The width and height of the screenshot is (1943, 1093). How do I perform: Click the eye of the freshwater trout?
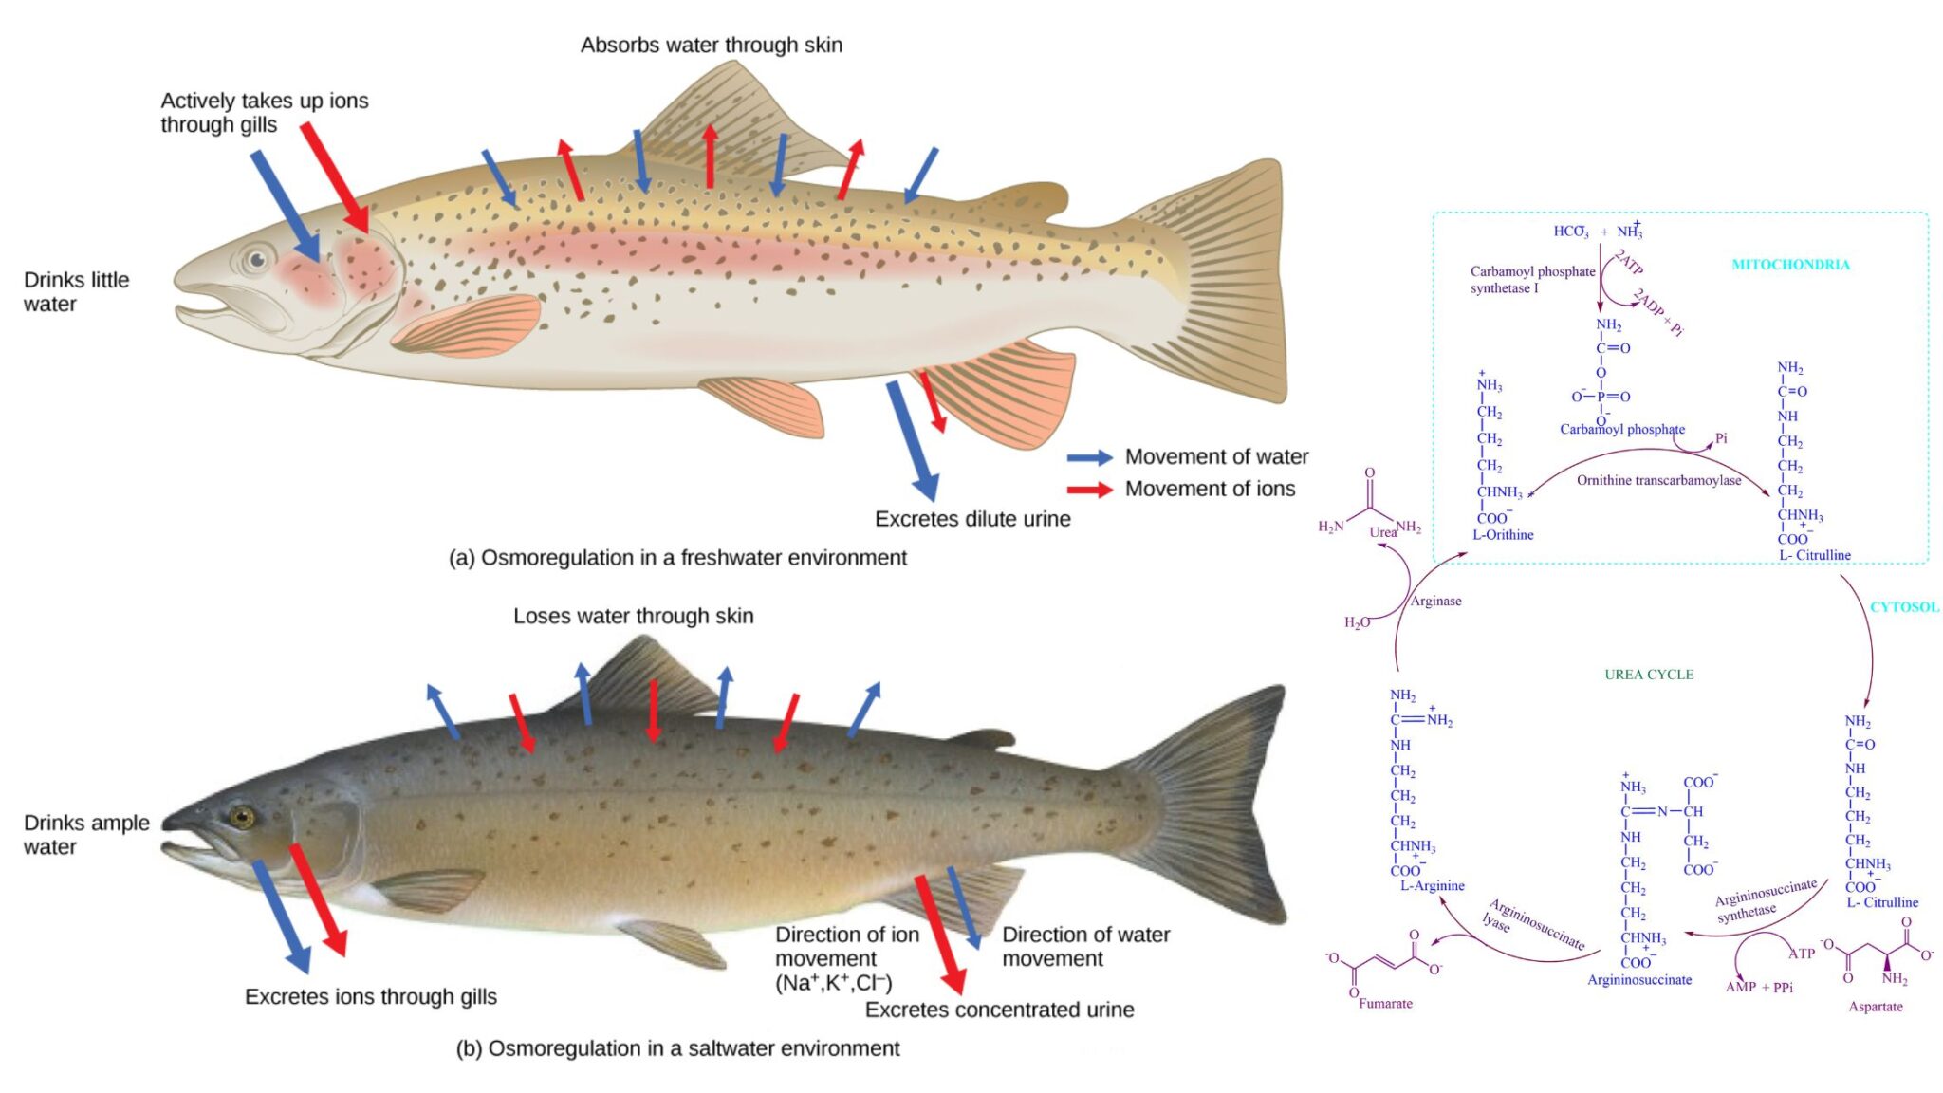click(x=256, y=259)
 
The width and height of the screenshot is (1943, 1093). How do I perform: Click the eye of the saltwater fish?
click(x=243, y=817)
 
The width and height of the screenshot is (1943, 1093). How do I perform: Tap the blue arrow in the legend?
click(x=1089, y=457)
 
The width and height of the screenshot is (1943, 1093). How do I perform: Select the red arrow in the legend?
click(x=1089, y=490)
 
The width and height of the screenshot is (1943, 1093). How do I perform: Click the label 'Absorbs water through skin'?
click(x=711, y=45)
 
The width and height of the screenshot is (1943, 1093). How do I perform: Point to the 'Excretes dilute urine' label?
click(x=971, y=519)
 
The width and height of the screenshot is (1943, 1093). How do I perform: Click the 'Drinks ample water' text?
click(x=85, y=835)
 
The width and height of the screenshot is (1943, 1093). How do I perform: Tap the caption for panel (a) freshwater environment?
click(x=677, y=558)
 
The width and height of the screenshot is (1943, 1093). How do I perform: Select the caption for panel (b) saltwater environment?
click(x=677, y=1048)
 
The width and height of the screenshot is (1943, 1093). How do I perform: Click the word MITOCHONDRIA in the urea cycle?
click(x=1790, y=265)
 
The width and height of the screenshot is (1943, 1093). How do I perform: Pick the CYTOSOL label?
click(x=1903, y=607)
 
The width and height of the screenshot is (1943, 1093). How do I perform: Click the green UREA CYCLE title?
click(x=1649, y=675)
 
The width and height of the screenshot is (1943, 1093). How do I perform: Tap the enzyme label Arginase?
click(x=1435, y=601)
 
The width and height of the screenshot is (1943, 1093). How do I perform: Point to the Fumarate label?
click(x=1385, y=1003)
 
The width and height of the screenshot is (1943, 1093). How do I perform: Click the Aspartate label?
click(x=1875, y=1007)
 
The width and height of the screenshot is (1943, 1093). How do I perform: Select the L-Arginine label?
click(x=1432, y=885)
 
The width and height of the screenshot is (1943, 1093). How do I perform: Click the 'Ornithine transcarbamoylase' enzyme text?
click(x=1658, y=480)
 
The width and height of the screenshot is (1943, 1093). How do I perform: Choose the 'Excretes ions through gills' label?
click(x=370, y=996)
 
